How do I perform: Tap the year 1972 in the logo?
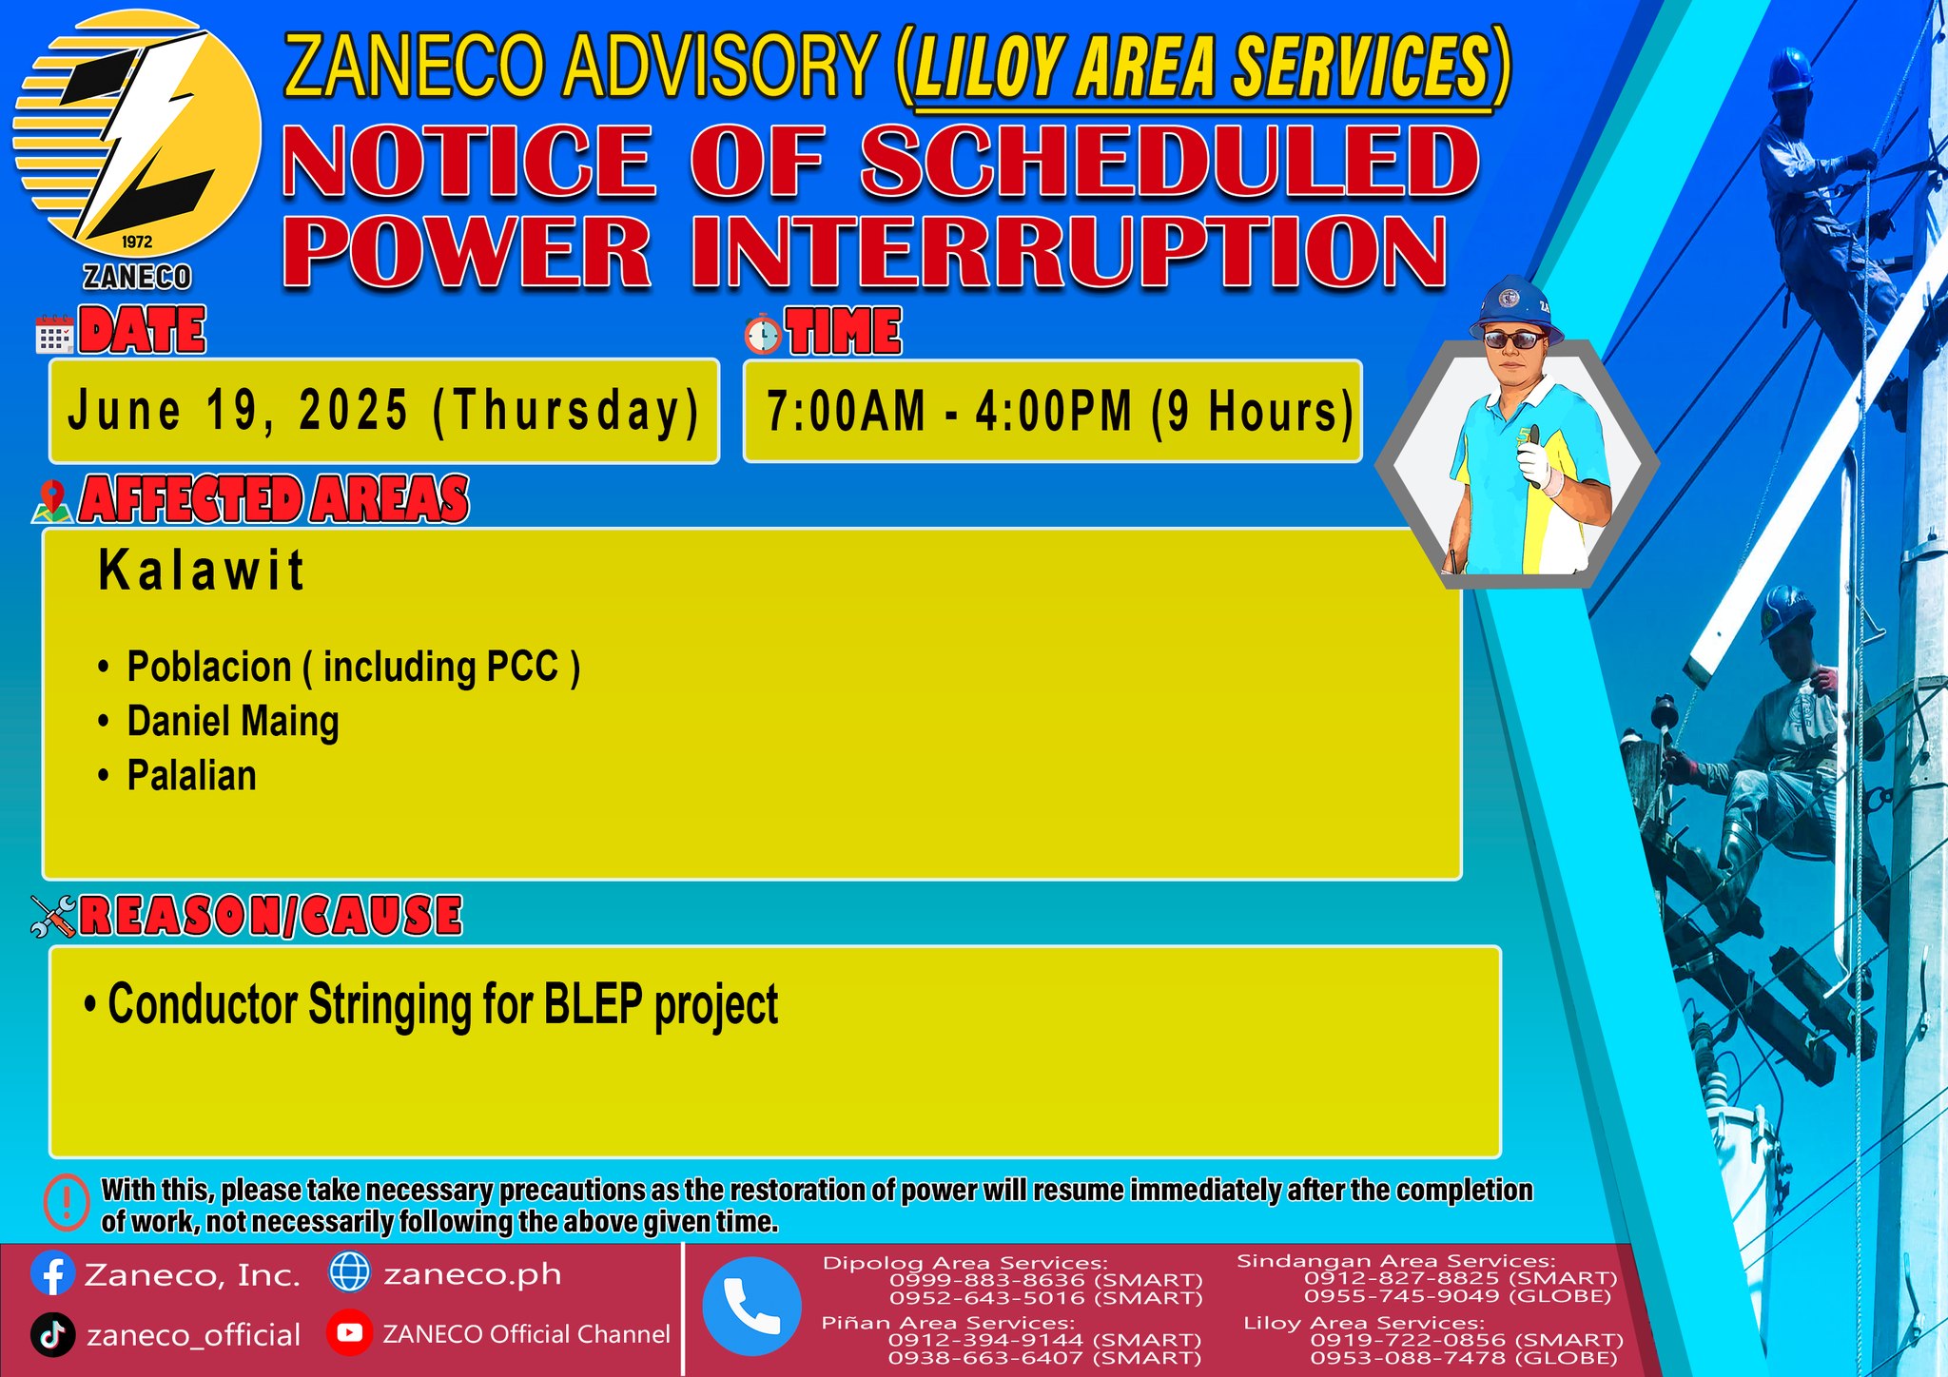(137, 242)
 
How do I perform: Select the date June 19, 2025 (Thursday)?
(383, 412)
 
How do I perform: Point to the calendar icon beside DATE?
(54, 335)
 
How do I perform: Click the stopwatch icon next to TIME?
(762, 335)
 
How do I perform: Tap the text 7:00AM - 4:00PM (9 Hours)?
(1059, 412)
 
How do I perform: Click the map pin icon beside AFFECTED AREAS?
(52, 501)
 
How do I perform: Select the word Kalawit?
(201, 571)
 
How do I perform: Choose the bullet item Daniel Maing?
(233, 722)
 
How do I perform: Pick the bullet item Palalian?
(191, 776)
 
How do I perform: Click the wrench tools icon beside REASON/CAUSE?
(52, 917)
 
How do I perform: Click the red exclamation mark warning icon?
(67, 1204)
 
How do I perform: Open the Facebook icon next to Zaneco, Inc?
(52, 1274)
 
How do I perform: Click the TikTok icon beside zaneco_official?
(52, 1334)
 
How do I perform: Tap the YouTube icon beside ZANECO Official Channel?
(349, 1333)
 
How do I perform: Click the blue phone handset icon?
(751, 1306)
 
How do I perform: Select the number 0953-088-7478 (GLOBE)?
(1464, 1358)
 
